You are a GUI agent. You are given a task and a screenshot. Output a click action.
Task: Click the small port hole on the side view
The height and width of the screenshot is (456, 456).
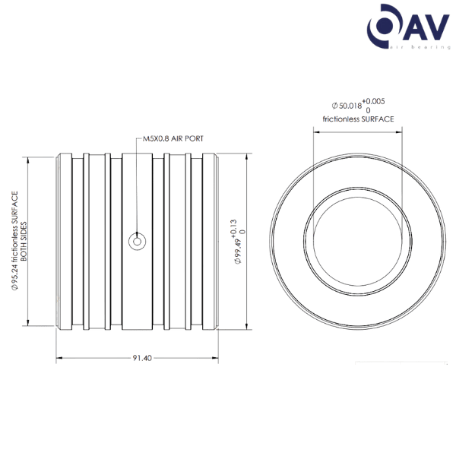point(137,243)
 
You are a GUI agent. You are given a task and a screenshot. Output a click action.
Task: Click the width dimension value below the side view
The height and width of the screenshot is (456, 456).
point(138,357)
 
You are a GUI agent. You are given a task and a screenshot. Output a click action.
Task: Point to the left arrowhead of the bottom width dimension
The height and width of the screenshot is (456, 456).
point(58,357)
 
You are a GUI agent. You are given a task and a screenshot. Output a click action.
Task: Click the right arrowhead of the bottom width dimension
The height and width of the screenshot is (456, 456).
point(217,357)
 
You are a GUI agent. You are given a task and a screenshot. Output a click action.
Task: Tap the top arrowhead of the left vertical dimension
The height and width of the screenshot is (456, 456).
point(28,160)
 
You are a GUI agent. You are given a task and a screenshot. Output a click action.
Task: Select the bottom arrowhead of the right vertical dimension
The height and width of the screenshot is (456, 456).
point(248,328)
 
